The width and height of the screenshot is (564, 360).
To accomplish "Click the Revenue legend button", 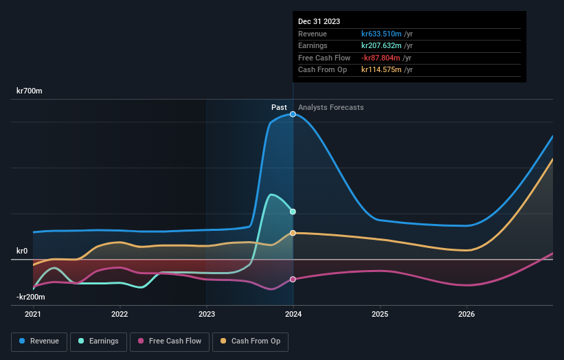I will pos(39,341).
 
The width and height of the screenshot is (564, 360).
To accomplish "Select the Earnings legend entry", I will pos(98,341).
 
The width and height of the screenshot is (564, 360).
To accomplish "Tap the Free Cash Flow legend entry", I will pos(170,341).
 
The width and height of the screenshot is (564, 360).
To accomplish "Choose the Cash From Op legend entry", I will pos(250,341).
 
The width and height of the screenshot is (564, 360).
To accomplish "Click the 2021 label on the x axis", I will pos(33,315).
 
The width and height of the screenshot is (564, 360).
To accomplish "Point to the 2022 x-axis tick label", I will pos(120,315).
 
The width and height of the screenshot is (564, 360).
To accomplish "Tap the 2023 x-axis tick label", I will pos(207,315).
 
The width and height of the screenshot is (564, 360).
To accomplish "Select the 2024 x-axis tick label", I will pos(293,315).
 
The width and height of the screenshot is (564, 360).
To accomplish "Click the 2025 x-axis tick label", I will pos(380,315).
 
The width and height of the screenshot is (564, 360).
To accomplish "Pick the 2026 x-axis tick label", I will pos(466,315).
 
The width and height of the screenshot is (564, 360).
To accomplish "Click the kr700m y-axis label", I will pos(30,91).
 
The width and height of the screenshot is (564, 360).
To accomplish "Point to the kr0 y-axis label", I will pos(22,251).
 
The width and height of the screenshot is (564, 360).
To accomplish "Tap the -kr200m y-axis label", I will pos(31,297).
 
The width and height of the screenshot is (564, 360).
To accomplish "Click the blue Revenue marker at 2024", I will pos(293,114).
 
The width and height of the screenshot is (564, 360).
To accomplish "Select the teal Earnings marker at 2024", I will pos(293,212).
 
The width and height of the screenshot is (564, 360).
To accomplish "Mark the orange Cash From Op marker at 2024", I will pos(293,233).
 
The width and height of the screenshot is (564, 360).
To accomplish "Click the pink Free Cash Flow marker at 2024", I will pos(293,279).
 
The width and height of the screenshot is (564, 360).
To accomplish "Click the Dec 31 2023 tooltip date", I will pos(319,22).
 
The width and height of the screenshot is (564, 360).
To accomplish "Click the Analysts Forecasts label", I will pos(331,107).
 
